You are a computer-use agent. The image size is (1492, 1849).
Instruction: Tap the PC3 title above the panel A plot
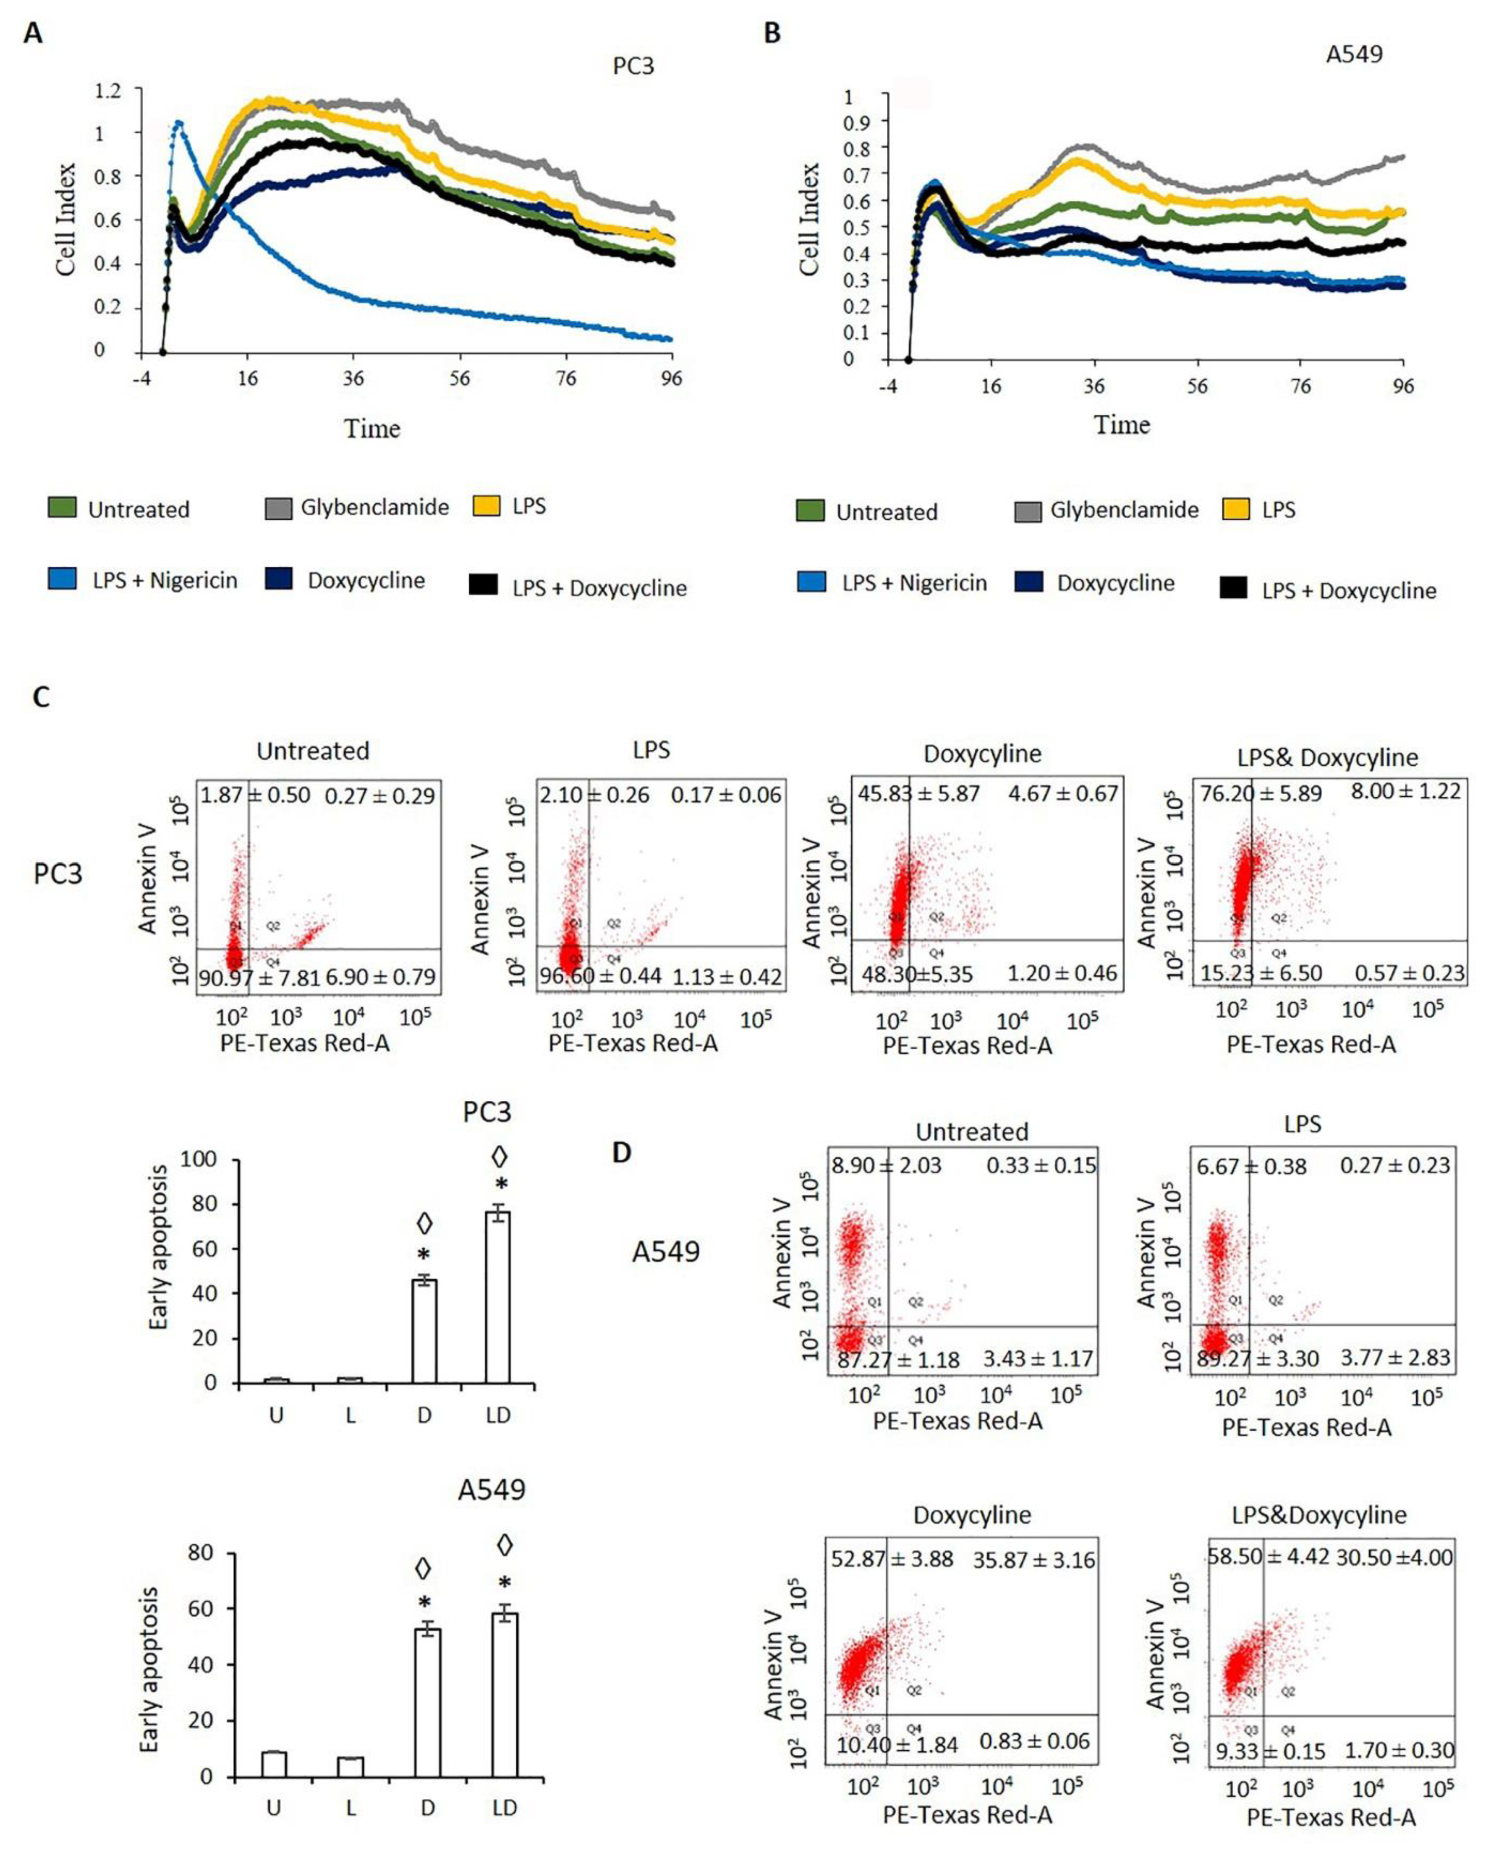point(633,66)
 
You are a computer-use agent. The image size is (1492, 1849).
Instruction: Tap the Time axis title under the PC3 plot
point(372,428)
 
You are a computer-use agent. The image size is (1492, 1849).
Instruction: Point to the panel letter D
point(621,1152)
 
